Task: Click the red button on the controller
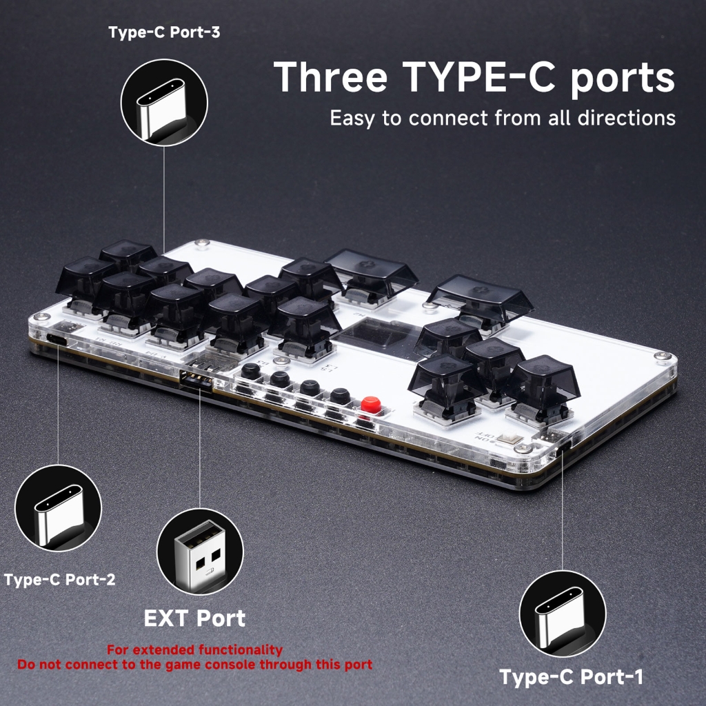371,404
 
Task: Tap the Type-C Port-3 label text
164,32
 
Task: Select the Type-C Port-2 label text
59,579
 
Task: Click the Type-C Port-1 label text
572,677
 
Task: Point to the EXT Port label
194,618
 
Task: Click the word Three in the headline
330,77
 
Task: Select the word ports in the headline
623,79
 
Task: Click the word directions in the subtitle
626,118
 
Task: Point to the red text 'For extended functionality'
194,649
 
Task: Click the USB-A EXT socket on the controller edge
196,380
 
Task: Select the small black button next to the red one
341,396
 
